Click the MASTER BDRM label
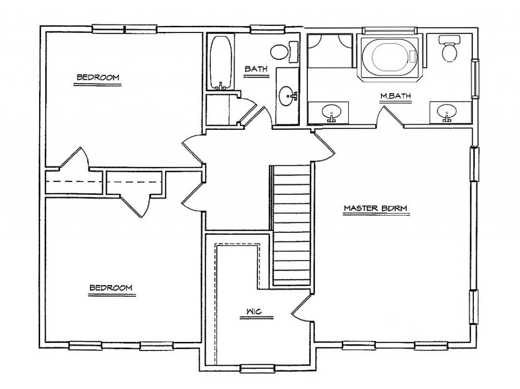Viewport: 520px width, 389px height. [375, 208]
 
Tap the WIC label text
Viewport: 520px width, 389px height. [254, 311]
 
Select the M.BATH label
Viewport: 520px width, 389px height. [395, 96]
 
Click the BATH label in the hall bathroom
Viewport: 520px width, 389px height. [256, 69]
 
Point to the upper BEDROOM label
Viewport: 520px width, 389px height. [98, 77]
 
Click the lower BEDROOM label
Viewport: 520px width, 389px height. [111, 288]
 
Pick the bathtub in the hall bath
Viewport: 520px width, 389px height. [220, 62]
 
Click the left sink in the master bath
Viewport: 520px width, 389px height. [331, 112]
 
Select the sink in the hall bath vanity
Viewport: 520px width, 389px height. [287, 96]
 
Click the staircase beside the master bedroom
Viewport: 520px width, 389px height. [292, 225]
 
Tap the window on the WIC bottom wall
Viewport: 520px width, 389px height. [257, 368]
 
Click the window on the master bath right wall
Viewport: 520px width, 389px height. [475, 79]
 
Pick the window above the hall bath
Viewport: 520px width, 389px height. [267, 29]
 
